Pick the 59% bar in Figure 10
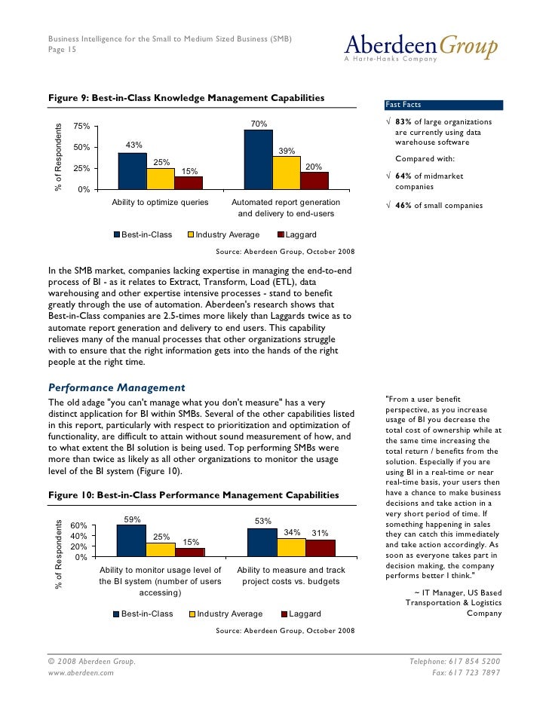point(131,540)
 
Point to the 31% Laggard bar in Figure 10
point(321,547)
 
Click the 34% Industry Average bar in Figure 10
point(292,546)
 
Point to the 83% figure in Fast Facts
point(404,122)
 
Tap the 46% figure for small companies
point(404,206)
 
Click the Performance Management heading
point(116,387)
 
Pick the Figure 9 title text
point(186,98)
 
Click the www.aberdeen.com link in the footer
point(81,672)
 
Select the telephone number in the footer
point(454,661)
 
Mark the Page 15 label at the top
point(62,50)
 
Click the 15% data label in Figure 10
point(191,542)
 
